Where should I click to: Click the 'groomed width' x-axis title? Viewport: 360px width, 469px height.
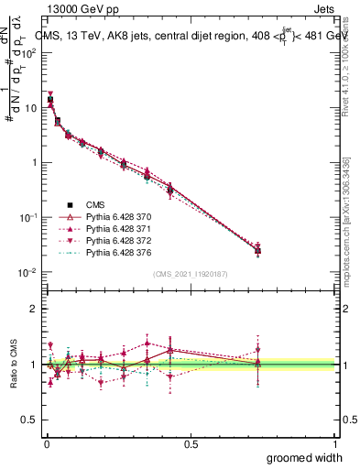point(305,458)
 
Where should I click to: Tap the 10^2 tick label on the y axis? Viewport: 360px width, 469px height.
point(28,52)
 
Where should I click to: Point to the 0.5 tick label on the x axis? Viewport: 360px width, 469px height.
point(191,444)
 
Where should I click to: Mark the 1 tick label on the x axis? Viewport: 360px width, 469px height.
point(335,444)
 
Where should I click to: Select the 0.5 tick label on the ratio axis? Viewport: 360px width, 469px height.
point(29,420)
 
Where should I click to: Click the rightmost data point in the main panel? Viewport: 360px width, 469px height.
point(258,249)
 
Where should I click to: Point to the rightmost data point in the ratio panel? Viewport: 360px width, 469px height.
point(258,364)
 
